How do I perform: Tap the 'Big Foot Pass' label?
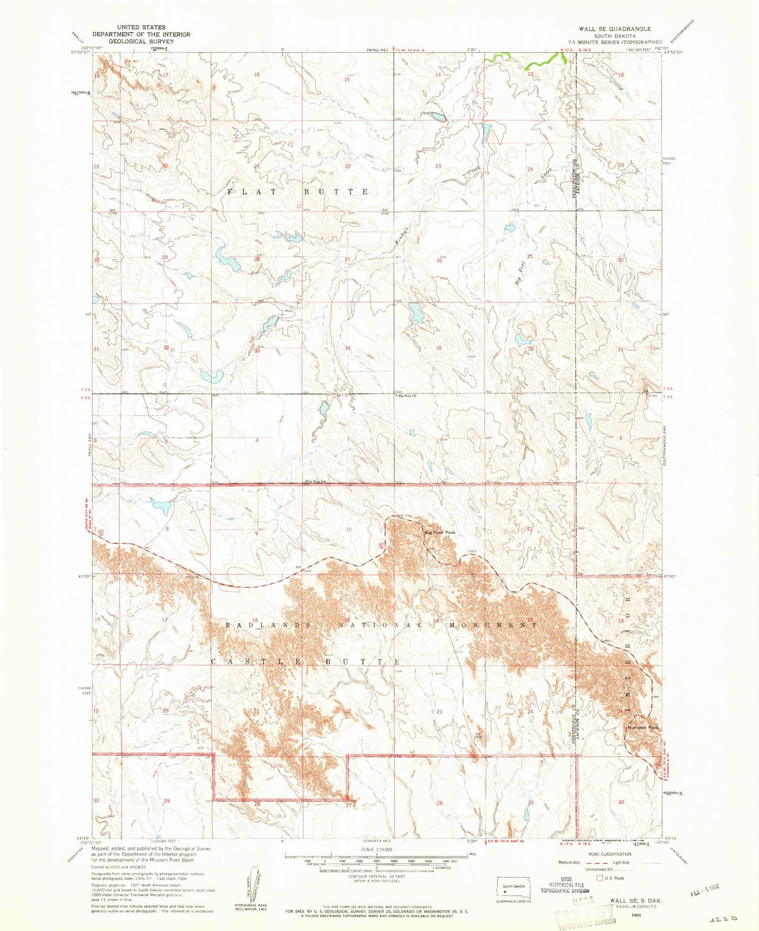click(x=440, y=533)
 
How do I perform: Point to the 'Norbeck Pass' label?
click(x=642, y=727)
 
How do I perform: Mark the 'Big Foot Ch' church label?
click(x=407, y=396)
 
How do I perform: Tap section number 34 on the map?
click(x=348, y=348)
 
